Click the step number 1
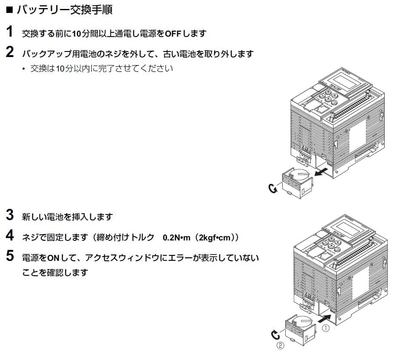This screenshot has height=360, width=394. [x=9, y=31]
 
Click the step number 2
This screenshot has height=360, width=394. [x=10, y=52]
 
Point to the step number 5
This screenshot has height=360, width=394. [x=10, y=256]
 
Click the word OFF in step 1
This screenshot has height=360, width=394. [x=173, y=33]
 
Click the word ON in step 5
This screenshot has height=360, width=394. [x=53, y=258]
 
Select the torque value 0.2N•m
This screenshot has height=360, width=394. [x=176, y=237]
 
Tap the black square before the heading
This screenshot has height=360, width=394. [x=9, y=10]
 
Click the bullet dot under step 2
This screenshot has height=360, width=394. [x=24, y=69]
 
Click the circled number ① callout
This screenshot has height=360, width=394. [x=326, y=328]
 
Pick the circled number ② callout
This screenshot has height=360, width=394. [x=281, y=345]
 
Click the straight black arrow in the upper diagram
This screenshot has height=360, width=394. [x=321, y=172]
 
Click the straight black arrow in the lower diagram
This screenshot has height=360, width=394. [x=325, y=318]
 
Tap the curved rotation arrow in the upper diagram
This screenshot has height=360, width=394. [x=272, y=188]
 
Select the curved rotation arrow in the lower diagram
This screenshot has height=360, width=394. [x=275, y=335]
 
